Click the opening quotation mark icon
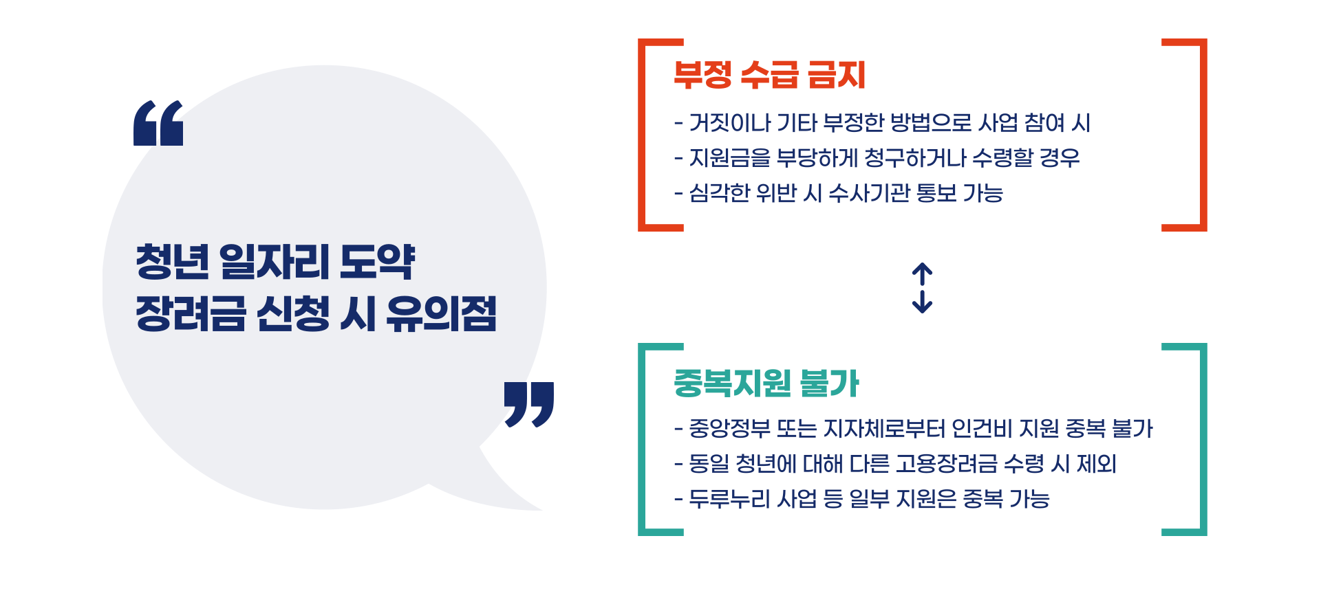coord(158,124)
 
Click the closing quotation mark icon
coord(528,404)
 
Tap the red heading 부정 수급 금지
coord(769,75)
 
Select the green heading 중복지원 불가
coord(766,383)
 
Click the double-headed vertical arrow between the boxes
coord(922,288)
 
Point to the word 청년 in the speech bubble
coord(172,262)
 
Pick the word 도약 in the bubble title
coord(377,262)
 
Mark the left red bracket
coord(643,135)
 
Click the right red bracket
coord(1203,135)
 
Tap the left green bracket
coord(643,439)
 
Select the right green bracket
coord(1203,439)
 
